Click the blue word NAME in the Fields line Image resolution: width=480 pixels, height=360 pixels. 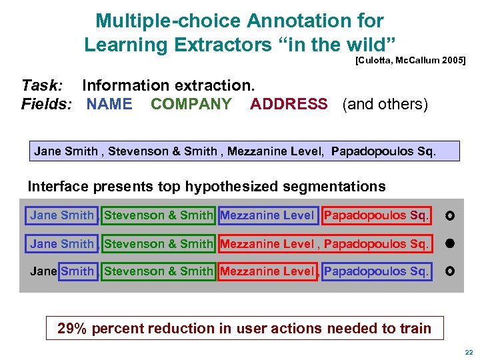109,104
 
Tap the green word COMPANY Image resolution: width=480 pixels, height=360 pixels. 191,104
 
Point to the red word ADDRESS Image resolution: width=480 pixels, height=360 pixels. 289,104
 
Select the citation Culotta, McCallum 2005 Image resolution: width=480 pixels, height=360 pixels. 410,61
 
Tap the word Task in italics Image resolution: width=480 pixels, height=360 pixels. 42,85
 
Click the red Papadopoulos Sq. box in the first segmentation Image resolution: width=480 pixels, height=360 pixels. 377,215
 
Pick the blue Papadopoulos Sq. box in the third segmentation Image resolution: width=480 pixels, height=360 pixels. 377,271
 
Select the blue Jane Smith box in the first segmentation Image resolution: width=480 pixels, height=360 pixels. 62,215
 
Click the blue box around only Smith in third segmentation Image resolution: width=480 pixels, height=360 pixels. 77,271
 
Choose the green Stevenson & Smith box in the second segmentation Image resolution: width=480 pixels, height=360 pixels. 159,244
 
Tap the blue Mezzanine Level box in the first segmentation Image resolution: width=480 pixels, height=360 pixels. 267,215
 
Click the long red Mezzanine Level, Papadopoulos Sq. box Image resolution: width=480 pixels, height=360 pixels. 325,244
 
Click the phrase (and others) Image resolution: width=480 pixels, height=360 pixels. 385,104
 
